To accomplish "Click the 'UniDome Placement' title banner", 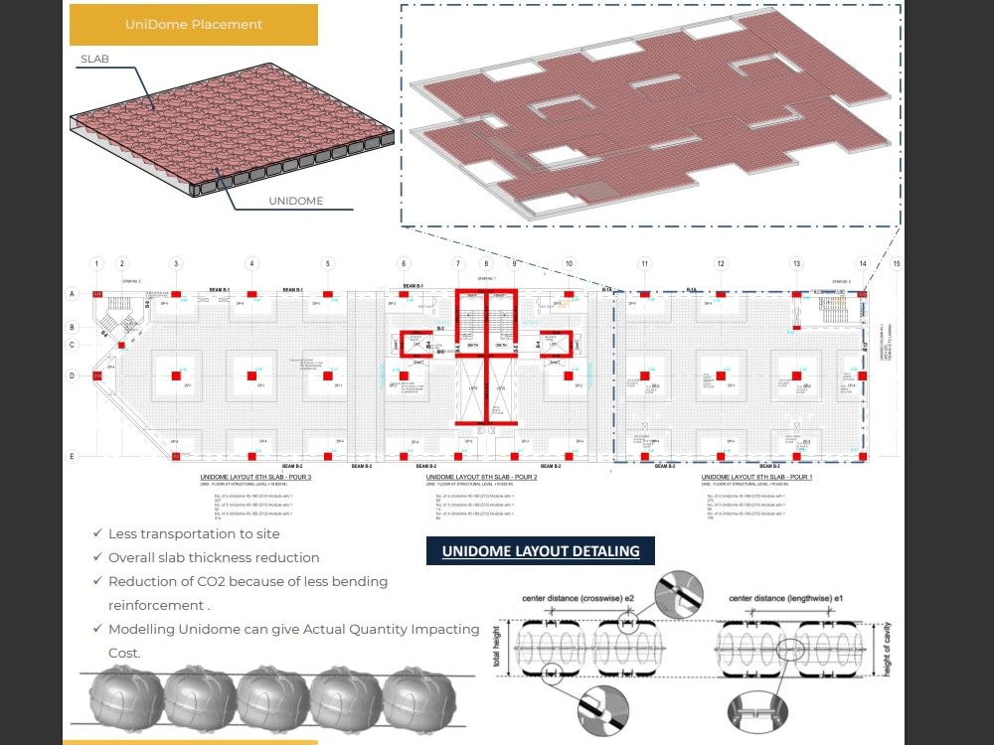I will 194,25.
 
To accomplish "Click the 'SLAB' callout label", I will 95,60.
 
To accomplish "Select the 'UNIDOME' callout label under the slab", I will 295,201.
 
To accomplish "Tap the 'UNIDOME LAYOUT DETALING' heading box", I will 541,551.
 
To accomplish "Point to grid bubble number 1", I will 96,264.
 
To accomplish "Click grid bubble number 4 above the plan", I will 252,264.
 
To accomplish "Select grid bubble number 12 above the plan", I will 721,264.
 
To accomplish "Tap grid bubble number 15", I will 897,264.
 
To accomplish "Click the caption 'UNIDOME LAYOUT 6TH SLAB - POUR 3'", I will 255,478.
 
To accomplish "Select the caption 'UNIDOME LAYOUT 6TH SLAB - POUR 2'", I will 481,478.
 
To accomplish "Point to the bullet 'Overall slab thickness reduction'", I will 214,557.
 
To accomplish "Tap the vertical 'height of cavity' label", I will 887,652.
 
